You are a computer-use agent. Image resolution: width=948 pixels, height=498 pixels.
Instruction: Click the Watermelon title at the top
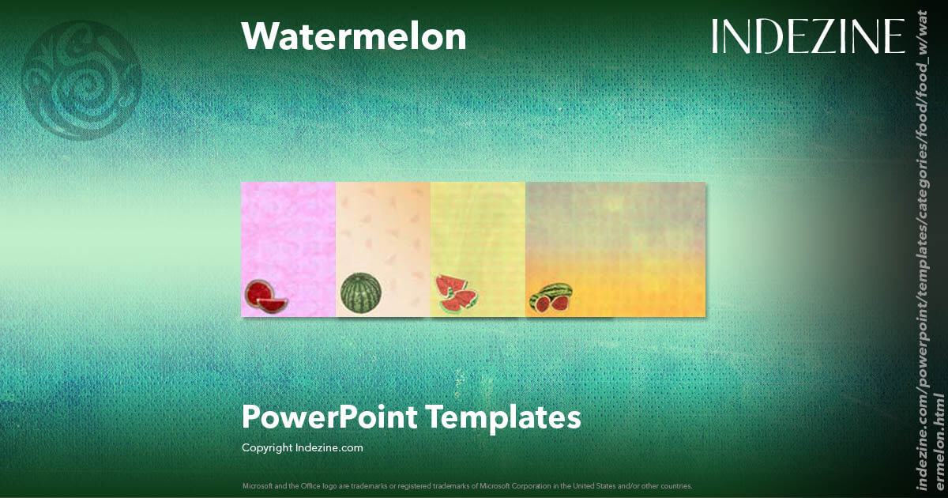tap(353, 36)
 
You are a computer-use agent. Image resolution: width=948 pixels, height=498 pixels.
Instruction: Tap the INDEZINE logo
tap(807, 36)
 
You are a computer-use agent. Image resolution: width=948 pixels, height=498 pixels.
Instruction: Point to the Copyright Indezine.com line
tap(302, 447)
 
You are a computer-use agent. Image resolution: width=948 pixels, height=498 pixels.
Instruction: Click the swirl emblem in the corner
tap(82, 81)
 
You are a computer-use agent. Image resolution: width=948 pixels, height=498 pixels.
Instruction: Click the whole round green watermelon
tap(361, 292)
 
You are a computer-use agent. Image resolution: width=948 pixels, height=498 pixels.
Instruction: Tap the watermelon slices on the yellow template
tap(456, 292)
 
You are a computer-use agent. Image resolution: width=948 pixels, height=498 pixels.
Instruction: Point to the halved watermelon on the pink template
tap(265, 296)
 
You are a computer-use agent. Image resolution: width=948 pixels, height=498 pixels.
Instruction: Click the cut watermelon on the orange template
tap(551, 298)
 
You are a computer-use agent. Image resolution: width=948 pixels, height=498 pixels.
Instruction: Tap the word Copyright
tap(267, 447)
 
